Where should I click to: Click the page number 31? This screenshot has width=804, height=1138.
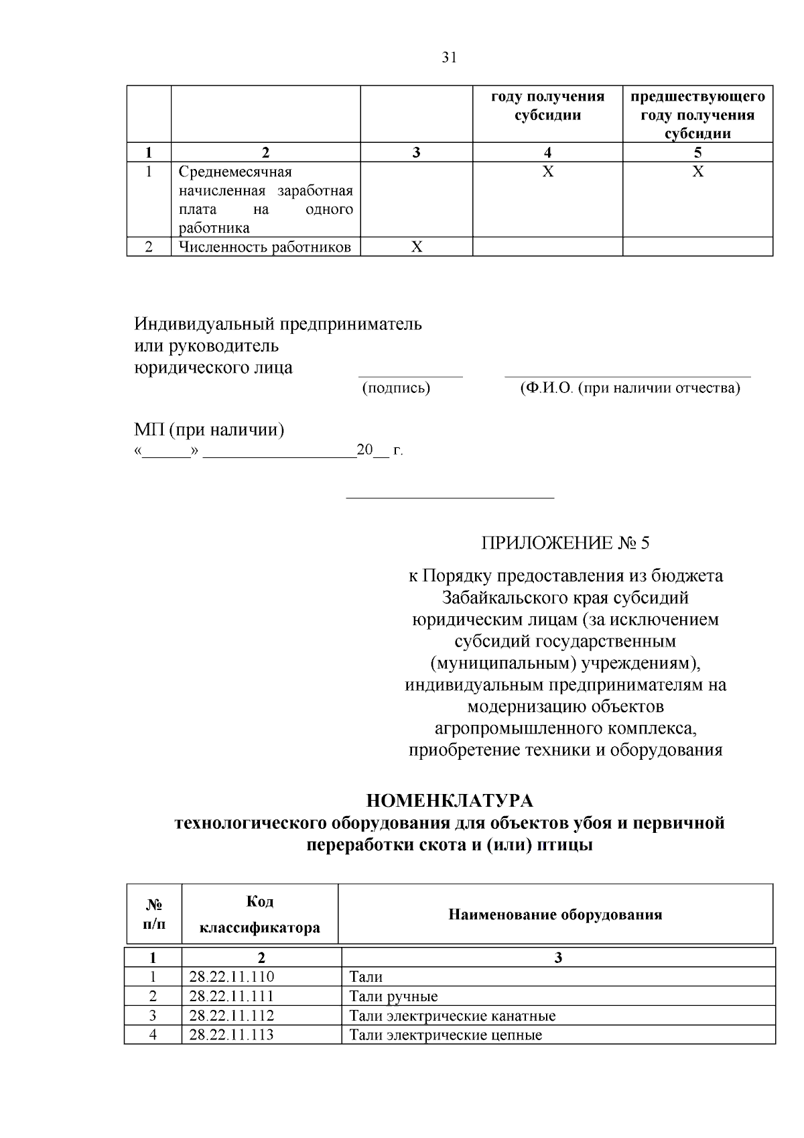(x=450, y=58)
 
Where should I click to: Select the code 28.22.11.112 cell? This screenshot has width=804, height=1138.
(x=232, y=1015)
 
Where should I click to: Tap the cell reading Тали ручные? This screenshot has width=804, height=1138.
(x=394, y=996)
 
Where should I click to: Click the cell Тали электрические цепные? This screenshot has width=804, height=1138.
(x=446, y=1035)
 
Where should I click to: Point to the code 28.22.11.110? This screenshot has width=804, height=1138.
(x=232, y=976)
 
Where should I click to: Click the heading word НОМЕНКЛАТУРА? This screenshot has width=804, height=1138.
(x=450, y=801)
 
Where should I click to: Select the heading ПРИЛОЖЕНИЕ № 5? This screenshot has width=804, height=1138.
(x=565, y=543)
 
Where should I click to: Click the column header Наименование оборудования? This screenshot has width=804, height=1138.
(x=555, y=914)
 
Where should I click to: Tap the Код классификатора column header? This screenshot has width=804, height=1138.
(x=260, y=914)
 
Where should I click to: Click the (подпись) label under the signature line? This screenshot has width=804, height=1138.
(x=396, y=388)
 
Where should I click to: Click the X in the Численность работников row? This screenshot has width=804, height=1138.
(x=416, y=247)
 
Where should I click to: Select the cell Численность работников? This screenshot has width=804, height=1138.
(x=265, y=247)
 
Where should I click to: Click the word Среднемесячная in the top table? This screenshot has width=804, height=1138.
(x=235, y=172)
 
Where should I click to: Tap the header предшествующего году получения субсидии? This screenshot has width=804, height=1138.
(x=697, y=115)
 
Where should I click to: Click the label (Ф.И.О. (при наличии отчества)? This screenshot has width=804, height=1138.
(x=630, y=388)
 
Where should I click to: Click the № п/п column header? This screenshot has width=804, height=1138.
(x=154, y=914)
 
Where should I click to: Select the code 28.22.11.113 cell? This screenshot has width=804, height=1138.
(x=232, y=1035)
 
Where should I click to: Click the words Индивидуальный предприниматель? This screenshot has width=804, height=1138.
(x=278, y=325)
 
